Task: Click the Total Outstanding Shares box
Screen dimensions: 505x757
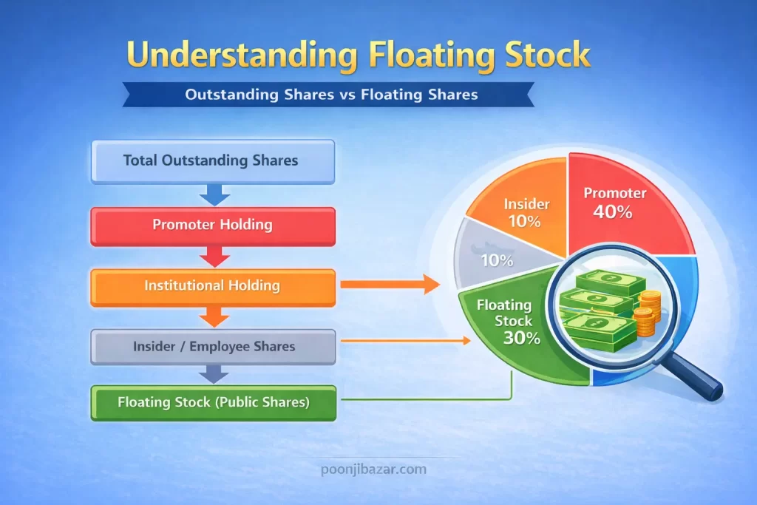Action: pos(212,160)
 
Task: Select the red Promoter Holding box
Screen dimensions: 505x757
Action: pos(212,226)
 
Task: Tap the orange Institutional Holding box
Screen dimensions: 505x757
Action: pos(212,285)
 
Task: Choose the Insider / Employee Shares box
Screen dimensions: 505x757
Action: pos(212,347)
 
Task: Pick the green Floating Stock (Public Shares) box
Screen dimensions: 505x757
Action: pos(212,403)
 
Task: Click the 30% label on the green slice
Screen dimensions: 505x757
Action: pos(522,339)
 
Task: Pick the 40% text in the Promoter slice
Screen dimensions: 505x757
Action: pos(613,212)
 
